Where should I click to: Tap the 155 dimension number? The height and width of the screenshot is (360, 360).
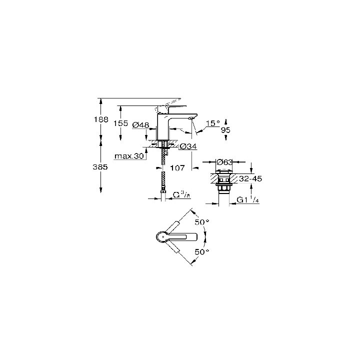121,123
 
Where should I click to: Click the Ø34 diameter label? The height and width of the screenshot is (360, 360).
187,146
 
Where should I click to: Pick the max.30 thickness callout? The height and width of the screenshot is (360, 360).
129,156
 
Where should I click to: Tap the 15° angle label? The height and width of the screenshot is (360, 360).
213,123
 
